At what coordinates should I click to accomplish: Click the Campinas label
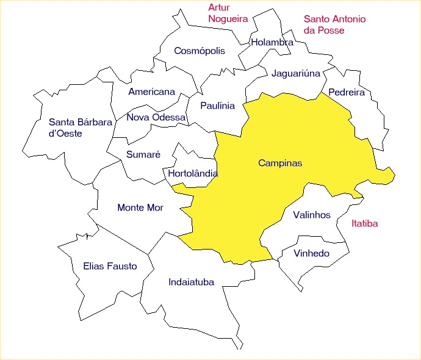[x=280, y=164]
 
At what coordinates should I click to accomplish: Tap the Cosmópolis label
[x=200, y=51]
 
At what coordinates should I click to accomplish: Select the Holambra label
[x=272, y=43]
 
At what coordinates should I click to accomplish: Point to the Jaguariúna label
[x=295, y=74]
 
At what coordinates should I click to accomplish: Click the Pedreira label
[x=346, y=93]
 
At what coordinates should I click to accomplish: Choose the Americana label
[x=151, y=92]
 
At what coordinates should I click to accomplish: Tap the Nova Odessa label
[x=156, y=117]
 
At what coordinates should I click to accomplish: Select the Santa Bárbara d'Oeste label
[x=80, y=128]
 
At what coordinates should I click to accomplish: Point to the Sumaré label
[x=143, y=155]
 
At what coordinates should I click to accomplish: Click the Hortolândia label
[x=192, y=174]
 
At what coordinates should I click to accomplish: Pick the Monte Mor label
[x=140, y=208]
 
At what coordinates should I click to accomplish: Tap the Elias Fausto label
[x=110, y=267]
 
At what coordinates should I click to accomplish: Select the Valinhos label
[x=311, y=215]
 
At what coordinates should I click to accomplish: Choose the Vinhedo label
[x=311, y=253]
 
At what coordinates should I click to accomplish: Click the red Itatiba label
[x=365, y=224]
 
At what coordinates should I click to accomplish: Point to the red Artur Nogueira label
[x=228, y=13]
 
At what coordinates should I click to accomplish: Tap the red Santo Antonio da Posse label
[x=334, y=24]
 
